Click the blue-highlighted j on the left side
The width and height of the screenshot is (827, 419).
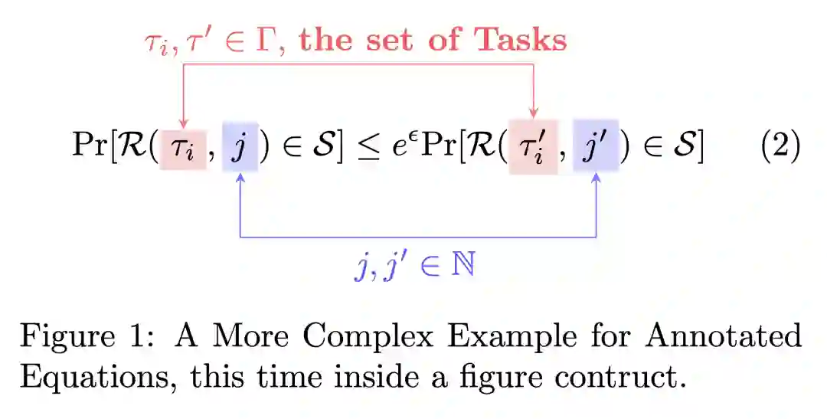tap(240, 147)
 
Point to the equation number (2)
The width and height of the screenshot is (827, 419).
tap(780, 146)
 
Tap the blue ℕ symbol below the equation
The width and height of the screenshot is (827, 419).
tap(463, 265)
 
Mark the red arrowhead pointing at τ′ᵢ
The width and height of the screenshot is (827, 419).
tap(534, 116)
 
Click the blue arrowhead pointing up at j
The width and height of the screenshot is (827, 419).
tap(241, 178)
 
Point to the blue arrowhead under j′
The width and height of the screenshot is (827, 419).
tap(596, 178)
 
